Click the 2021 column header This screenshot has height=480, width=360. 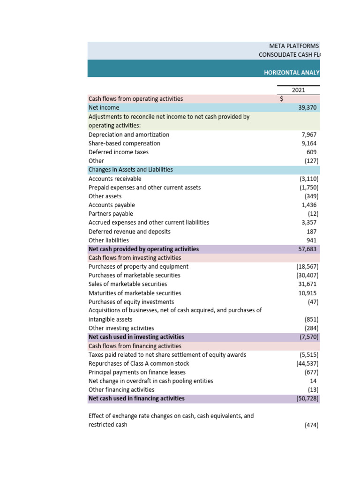coord(298,90)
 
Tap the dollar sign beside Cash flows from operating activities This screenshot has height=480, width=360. coord(281,99)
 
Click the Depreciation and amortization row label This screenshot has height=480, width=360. coord(129,135)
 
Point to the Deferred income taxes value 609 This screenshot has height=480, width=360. coord(311,152)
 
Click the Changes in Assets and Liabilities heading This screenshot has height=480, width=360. coord(131,170)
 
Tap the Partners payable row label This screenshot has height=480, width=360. coord(111,214)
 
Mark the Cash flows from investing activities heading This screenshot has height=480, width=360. coord(135,258)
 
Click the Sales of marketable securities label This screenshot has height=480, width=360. coord(127,284)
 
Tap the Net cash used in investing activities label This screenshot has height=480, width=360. coord(136,337)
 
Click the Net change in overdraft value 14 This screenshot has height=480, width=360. coord(313,381)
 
